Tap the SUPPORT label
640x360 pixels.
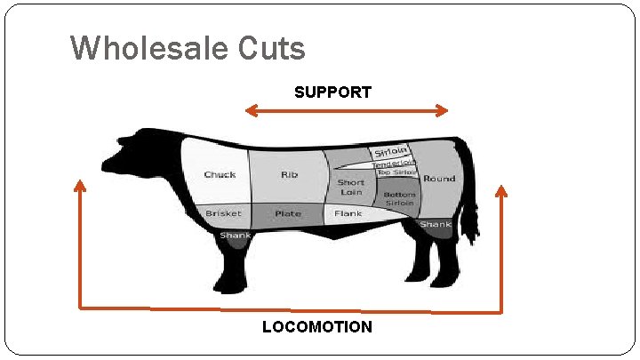(x=332, y=92)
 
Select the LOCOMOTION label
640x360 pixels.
(x=317, y=327)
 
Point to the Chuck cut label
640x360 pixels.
(x=220, y=174)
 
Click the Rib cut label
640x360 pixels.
(x=290, y=174)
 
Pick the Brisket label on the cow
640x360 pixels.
(x=222, y=213)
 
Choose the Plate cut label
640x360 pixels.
(x=288, y=213)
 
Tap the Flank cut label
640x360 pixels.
(x=348, y=213)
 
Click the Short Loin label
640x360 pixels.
(x=350, y=187)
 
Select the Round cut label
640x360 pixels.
(x=439, y=178)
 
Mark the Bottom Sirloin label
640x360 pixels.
(x=399, y=198)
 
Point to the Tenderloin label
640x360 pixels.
(x=393, y=163)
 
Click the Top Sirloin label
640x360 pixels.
(x=396, y=172)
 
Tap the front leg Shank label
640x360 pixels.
(x=236, y=236)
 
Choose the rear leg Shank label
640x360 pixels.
(x=436, y=225)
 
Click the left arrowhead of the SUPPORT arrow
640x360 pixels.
(x=249, y=110)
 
